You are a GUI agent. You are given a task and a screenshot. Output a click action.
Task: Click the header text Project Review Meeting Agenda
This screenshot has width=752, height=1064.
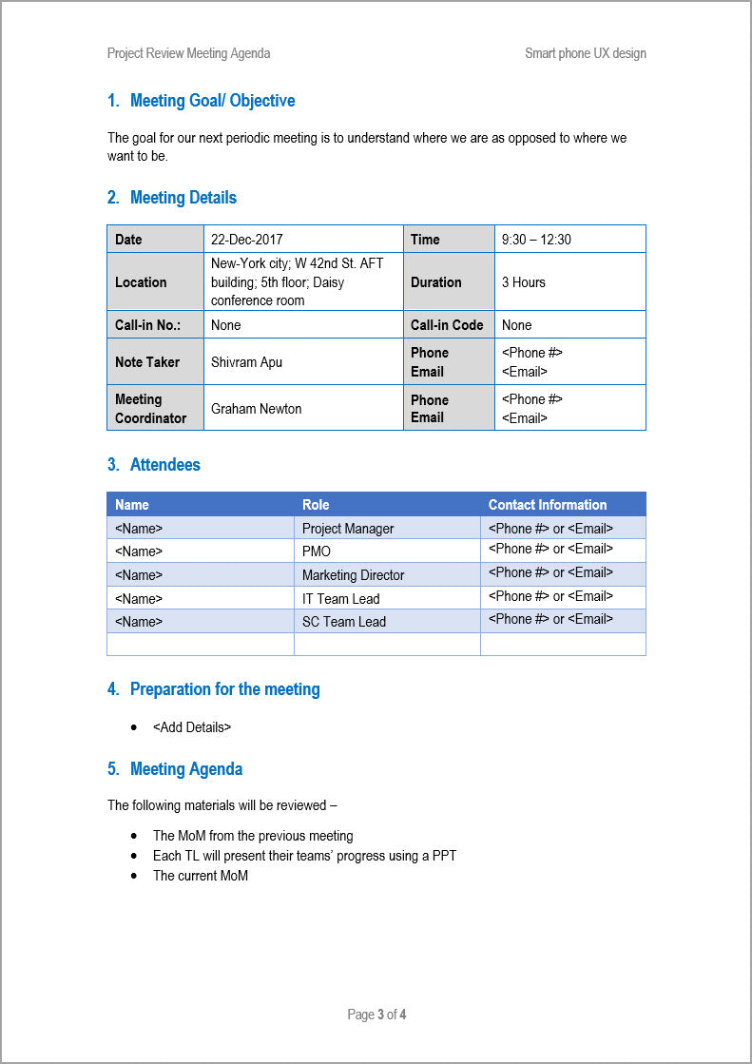click(x=188, y=53)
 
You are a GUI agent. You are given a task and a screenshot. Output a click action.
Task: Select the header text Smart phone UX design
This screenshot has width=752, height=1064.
click(x=585, y=53)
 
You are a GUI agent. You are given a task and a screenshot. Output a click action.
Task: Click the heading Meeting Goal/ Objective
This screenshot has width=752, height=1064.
click(x=212, y=101)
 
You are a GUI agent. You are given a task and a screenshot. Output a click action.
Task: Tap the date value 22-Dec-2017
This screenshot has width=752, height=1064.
click(x=246, y=240)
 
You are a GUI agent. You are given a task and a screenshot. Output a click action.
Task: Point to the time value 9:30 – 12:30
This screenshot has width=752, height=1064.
click(x=536, y=240)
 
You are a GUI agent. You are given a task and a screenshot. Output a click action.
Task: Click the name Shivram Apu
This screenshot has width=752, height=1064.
click(x=246, y=362)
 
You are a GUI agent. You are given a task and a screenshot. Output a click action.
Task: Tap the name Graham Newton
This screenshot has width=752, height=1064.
click(x=256, y=409)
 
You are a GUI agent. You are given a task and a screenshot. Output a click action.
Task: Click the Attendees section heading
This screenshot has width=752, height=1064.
click(x=164, y=465)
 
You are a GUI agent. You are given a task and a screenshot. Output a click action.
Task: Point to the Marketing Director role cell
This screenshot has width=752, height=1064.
click(x=353, y=575)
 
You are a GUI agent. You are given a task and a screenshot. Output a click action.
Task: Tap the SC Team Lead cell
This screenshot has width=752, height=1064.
click(x=343, y=622)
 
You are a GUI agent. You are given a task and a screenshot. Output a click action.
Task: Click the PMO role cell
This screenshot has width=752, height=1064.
click(x=317, y=551)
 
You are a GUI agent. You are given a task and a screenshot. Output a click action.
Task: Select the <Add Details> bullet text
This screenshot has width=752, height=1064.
click(x=191, y=727)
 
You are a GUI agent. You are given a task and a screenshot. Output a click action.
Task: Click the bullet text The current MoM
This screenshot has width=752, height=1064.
click(x=200, y=876)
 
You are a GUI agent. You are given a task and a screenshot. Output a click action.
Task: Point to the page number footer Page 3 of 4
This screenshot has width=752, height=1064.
click(x=376, y=1015)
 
